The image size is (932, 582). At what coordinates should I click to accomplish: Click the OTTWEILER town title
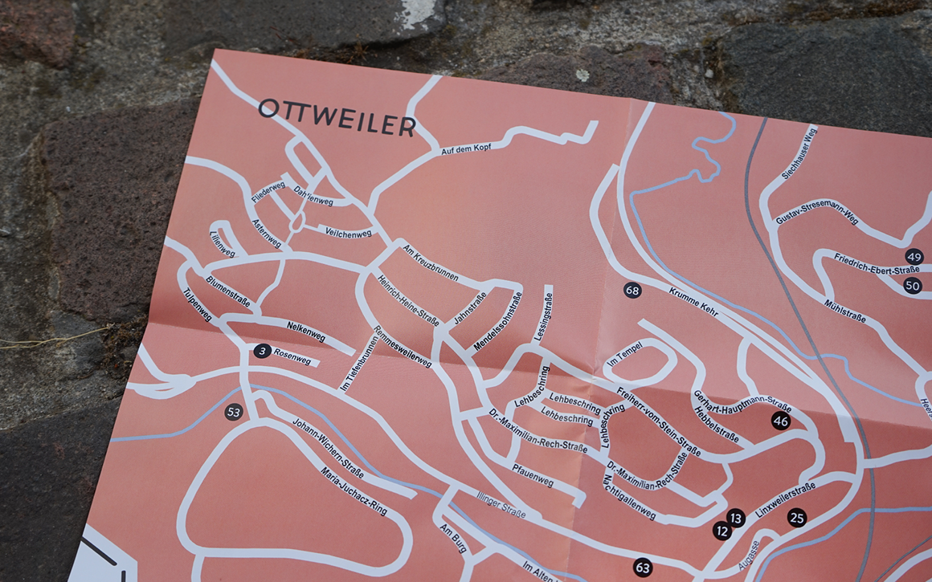click(x=336, y=117)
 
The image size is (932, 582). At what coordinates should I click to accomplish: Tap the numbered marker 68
click(x=633, y=290)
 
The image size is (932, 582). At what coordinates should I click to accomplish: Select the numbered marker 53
click(x=233, y=412)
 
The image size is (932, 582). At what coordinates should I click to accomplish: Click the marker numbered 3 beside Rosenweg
click(x=261, y=351)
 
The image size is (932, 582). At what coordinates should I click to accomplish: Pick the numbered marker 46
click(x=780, y=421)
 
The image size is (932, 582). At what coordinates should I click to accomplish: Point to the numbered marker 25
click(x=796, y=517)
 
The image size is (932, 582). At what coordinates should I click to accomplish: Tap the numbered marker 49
click(x=914, y=257)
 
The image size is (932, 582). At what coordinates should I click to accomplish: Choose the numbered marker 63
click(x=642, y=568)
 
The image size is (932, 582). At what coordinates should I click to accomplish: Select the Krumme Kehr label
click(x=693, y=302)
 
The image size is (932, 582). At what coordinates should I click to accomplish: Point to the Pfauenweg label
click(x=533, y=474)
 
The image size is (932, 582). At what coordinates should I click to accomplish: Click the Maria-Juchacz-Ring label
click(x=354, y=490)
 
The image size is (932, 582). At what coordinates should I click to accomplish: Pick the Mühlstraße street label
click(x=844, y=311)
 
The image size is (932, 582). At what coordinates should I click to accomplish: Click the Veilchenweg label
click(x=348, y=233)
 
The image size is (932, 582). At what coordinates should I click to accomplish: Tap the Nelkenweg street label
click(x=305, y=331)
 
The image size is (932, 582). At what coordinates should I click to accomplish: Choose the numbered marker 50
click(x=912, y=285)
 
